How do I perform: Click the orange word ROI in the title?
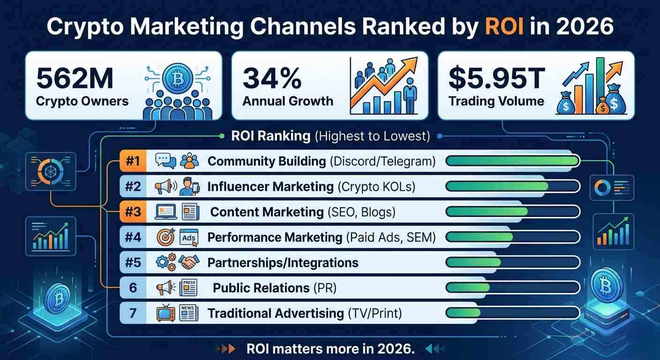[504, 27]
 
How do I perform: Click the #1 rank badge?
[133, 161]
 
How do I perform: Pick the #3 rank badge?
[133, 212]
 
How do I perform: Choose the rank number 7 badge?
[133, 313]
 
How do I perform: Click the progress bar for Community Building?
[512, 161]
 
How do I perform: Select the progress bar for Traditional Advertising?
[512, 313]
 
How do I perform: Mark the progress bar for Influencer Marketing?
[512, 187]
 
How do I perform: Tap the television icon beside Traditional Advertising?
[165, 313]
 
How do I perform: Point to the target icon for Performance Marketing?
[165, 238]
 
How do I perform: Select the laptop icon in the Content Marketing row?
[165, 212]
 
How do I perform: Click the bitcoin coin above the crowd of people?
[178, 79]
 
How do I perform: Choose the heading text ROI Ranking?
[270, 136]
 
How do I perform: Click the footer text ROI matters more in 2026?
[330, 349]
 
